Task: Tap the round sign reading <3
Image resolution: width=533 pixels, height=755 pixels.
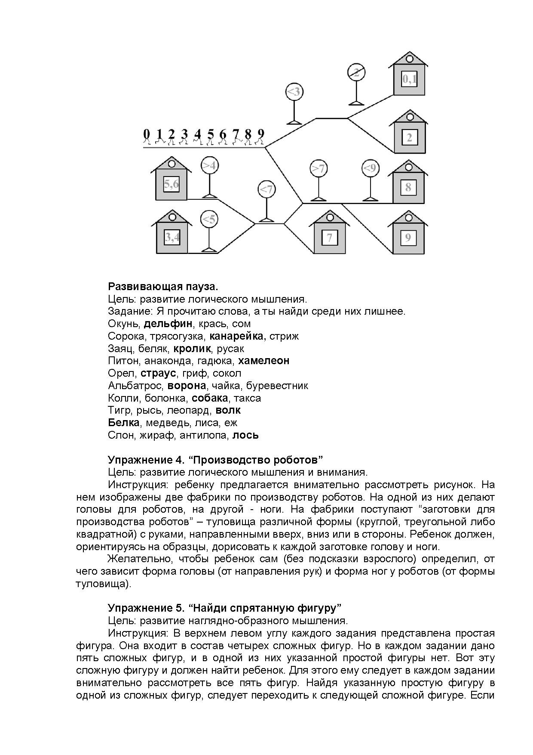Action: tap(294, 92)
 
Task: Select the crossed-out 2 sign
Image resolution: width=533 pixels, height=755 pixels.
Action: tap(356, 72)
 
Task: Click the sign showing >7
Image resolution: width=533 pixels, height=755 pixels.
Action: tap(319, 168)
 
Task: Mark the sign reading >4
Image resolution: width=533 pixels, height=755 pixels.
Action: tap(210, 165)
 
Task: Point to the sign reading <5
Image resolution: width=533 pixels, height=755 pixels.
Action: tap(209, 220)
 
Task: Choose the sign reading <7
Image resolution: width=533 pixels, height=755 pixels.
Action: tap(266, 189)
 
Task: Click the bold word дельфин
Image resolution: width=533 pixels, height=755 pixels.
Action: tap(168, 324)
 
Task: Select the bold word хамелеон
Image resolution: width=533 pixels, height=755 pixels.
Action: tap(263, 361)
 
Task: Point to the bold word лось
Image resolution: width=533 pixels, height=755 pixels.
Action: tap(245, 435)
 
